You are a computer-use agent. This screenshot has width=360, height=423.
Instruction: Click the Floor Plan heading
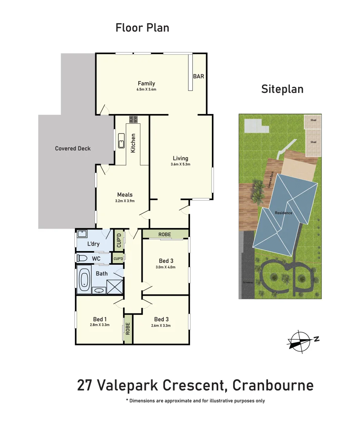(142, 28)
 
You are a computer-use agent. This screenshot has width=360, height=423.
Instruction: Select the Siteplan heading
(282, 89)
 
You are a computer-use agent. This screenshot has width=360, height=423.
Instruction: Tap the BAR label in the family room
(199, 76)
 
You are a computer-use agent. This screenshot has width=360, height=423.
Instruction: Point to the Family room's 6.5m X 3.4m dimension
(146, 89)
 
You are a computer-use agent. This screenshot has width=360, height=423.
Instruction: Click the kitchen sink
(121, 141)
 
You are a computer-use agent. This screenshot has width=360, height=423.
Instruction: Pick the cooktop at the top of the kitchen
(132, 119)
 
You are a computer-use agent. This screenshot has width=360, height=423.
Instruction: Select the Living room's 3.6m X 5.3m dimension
(180, 164)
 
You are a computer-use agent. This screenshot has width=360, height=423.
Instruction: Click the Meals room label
(125, 194)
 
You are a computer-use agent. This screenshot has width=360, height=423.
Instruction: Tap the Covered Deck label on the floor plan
(73, 148)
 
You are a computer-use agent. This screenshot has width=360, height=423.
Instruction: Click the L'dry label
(93, 244)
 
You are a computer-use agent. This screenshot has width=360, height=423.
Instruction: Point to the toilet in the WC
(82, 258)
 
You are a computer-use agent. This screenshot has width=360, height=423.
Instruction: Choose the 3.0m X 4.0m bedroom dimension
(166, 267)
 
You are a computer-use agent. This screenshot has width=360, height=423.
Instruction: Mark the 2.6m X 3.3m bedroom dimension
(161, 325)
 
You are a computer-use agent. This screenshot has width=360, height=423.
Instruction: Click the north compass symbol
(301, 340)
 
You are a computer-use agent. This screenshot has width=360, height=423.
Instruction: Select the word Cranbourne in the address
(273, 385)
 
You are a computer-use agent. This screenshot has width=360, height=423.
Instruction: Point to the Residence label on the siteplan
(283, 213)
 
